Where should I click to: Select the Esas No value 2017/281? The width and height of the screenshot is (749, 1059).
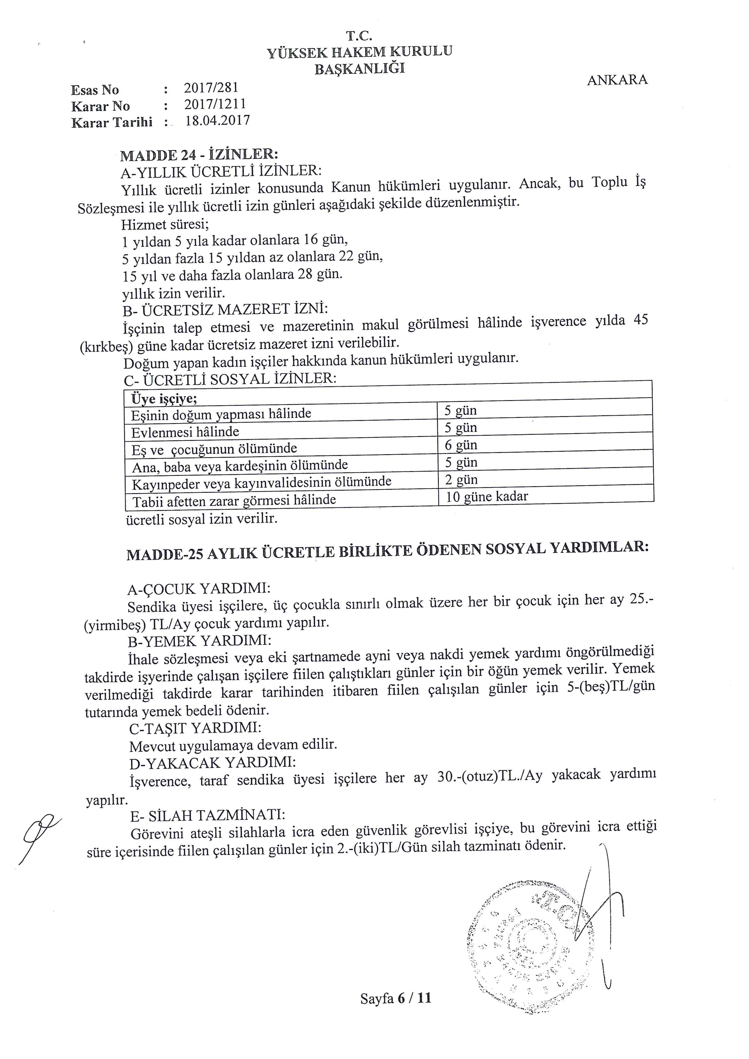211,87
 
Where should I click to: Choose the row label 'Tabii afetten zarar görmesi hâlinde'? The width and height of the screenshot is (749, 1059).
234,500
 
